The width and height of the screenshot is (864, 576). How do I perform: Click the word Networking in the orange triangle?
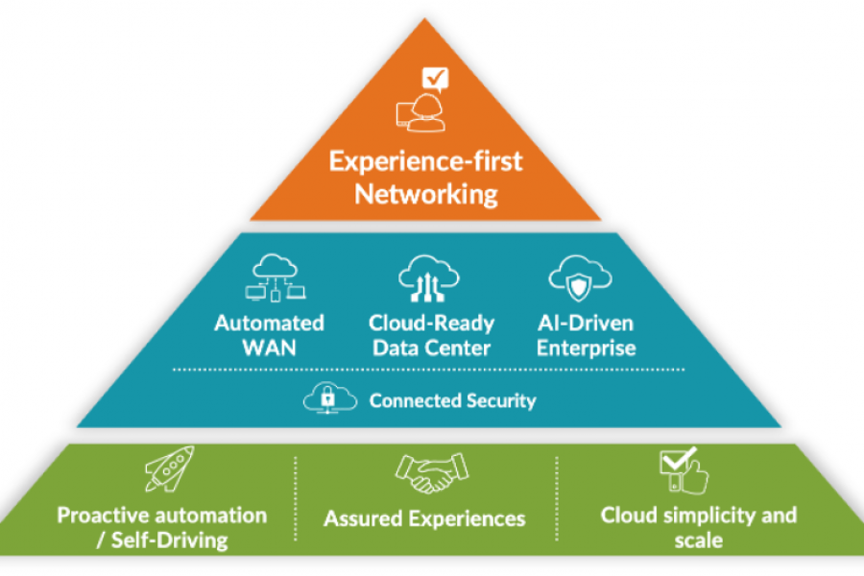(425, 194)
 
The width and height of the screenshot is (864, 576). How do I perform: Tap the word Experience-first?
(425, 160)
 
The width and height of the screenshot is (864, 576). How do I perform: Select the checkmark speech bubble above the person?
(436, 77)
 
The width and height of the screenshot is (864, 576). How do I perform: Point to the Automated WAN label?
(269, 335)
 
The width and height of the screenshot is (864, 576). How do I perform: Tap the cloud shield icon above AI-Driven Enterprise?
(581, 277)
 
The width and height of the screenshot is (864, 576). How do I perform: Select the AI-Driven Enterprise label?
(586, 335)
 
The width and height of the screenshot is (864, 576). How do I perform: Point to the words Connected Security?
(452, 400)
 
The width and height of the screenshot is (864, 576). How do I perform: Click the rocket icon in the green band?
(171, 469)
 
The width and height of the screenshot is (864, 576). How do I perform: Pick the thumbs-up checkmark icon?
(683, 470)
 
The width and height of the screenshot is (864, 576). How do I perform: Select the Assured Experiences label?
(424, 519)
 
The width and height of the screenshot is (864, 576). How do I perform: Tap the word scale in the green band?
(698, 540)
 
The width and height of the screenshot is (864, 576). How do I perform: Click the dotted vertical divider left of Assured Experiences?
(295, 499)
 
